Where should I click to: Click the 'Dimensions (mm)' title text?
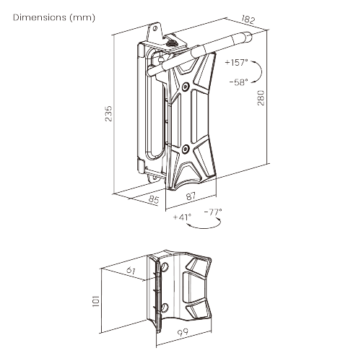(x=54, y=17)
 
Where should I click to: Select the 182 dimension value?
(x=248, y=19)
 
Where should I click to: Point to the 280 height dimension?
(x=261, y=98)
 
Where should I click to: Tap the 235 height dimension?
(x=108, y=113)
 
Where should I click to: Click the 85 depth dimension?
(x=154, y=199)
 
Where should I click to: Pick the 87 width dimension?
(x=191, y=196)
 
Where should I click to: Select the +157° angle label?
(x=236, y=63)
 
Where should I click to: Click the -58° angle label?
(x=238, y=82)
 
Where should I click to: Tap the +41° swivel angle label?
(x=182, y=217)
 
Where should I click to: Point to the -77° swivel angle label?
(x=213, y=212)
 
